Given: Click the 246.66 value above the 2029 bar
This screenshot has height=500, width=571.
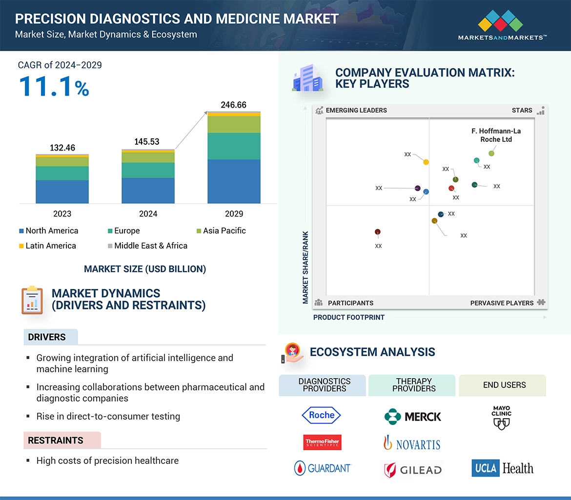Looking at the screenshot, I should point(234,105).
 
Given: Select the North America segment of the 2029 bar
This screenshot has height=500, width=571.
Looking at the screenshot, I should point(234,181).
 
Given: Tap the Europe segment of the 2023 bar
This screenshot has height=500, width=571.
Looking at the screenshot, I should point(62,173).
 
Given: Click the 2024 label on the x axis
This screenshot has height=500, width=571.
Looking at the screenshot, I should point(148,213).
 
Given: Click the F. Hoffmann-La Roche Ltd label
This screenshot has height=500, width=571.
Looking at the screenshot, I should point(496,135).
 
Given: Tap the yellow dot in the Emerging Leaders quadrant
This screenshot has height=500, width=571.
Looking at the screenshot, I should point(426,162).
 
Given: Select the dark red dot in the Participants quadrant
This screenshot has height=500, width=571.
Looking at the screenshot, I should point(378,232).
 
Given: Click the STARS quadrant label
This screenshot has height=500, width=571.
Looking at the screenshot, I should point(522,110).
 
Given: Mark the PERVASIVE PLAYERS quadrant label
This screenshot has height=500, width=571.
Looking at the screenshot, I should point(502,303).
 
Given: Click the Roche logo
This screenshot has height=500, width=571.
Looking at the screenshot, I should point(322,415).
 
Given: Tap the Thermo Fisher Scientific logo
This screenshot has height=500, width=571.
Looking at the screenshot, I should point(322,442).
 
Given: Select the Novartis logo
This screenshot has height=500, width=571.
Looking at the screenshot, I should point(412,443).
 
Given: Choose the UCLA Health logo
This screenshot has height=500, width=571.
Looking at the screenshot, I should point(502,468).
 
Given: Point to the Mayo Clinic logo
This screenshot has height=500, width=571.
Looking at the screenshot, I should point(501,418).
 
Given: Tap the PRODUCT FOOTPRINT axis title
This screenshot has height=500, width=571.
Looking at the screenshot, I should point(349,317).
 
